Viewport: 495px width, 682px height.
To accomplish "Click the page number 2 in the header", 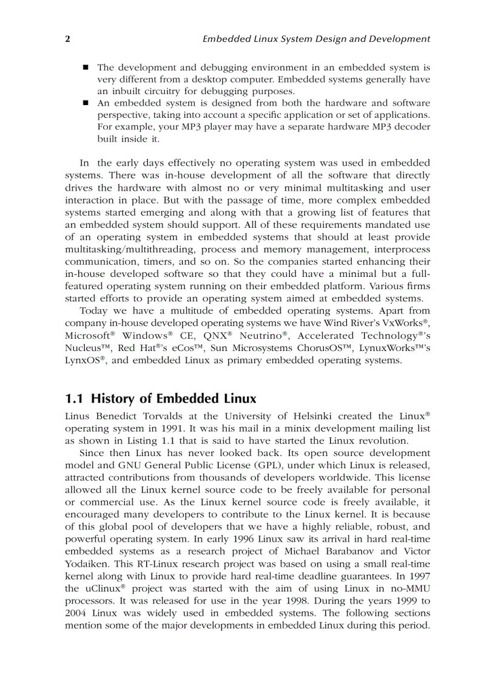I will point(67,39).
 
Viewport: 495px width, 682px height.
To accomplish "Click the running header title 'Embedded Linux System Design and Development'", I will point(315,39).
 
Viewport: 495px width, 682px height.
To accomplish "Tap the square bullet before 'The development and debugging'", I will point(86,67).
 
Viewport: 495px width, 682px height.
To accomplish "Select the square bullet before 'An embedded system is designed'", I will point(86,103).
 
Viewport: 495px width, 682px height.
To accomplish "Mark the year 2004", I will point(76,614).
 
